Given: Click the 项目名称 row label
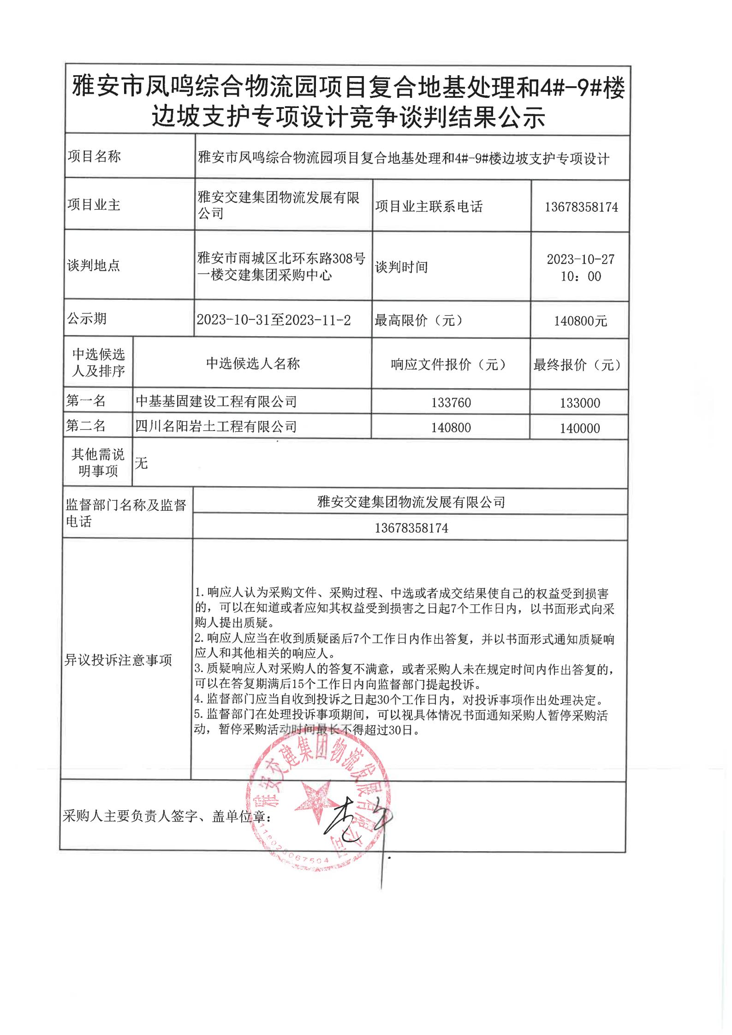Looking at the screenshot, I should (94, 156).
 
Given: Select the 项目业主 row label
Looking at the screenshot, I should (94, 204).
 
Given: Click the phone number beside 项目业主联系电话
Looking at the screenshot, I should (581, 207).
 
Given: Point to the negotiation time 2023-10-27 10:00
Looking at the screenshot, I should (581, 268).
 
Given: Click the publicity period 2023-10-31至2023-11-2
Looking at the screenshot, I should (274, 320).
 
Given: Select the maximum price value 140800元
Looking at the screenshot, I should (580, 321).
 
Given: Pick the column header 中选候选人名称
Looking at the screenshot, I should (253, 364).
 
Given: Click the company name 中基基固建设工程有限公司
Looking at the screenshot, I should (216, 401).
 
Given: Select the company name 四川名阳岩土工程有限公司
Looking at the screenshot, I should (216, 426).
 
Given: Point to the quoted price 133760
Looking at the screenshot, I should (451, 403).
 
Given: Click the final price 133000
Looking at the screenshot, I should (580, 403).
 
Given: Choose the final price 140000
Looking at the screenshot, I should (580, 428).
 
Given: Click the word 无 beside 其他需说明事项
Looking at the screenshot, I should (141, 463).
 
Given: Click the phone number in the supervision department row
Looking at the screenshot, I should (411, 528).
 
